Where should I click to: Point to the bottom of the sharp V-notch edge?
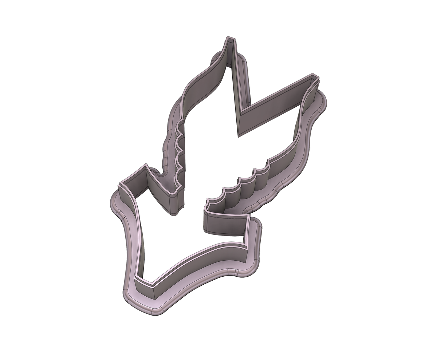(239, 135)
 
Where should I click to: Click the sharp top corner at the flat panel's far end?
(249, 215)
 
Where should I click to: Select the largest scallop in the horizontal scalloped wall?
(261, 178)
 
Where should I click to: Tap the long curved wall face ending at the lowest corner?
(200, 262)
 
